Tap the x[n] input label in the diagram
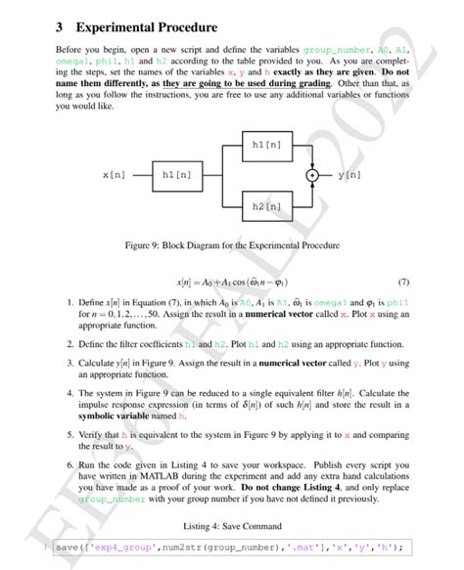[x=114, y=176]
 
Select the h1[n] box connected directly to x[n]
[x=183, y=176]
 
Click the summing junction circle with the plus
[x=312, y=176]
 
